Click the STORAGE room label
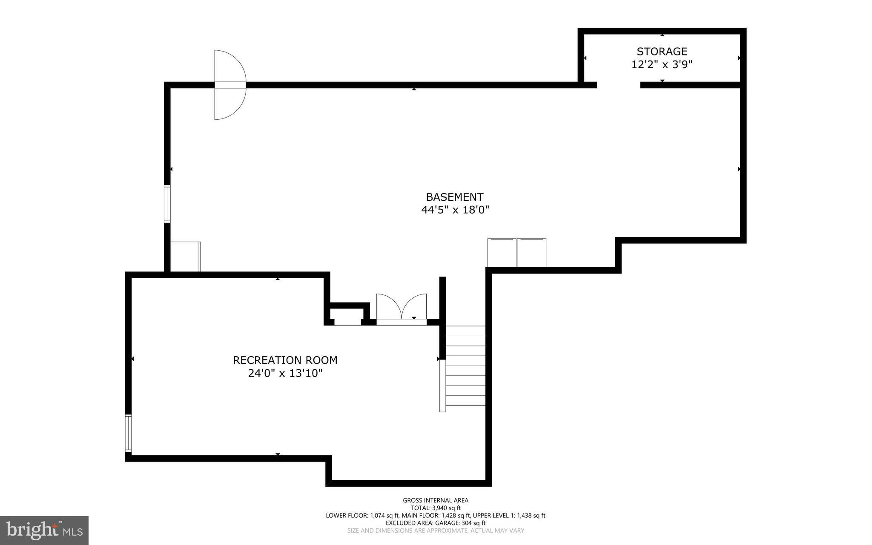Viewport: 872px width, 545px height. [662, 52]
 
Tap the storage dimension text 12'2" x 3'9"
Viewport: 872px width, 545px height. [662, 65]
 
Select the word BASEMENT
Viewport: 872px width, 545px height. [454, 197]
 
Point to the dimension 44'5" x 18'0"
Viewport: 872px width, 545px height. [454, 210]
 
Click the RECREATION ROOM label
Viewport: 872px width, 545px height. [285, 360]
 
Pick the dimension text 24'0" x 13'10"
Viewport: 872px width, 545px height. [285, 373]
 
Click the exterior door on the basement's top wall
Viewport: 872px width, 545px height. [230, 85]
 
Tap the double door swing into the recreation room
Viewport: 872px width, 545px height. [401, 308]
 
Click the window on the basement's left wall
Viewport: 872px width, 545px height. [167, 204]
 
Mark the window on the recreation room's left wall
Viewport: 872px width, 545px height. [128, 433]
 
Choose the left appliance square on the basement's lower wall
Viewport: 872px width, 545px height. [502, 253]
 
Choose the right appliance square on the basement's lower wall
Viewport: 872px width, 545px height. [531, 253]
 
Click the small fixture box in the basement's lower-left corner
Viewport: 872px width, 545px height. [185, 257]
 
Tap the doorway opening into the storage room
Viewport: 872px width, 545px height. [618, 85]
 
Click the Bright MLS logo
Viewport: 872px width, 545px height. [44, 530]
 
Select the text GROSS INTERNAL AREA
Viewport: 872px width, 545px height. [436, 500]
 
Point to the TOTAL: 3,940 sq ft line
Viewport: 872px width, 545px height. [436, 508]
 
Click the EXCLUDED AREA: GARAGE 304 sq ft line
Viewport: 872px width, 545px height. [436, 523]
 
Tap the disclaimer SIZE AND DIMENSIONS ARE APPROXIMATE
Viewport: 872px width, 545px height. [436, 531]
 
